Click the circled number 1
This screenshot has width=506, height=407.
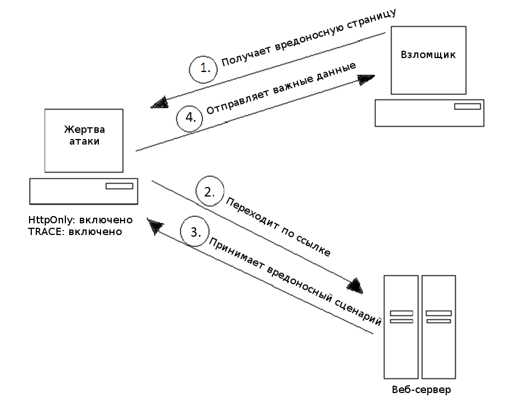tap(203, 69)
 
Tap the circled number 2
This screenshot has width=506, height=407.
tap(210, 191)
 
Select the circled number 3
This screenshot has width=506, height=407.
tap(194, 232)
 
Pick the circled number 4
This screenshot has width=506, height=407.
tap(189, 118)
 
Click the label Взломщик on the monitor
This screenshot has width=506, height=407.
tap(428, 55)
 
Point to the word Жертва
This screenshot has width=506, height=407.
tap(84, 130)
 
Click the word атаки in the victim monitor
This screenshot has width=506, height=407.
tap(84, 141)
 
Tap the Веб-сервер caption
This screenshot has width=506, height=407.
tap(421, 390)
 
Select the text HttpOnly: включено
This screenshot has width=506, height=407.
tap(80, 219)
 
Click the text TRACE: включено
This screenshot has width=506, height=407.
tap(75, 232)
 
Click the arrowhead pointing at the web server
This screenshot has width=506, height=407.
tap(356, 285)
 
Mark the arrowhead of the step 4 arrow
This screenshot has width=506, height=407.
tap(366, 79)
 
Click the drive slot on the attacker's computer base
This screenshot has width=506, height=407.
tap(467, 107)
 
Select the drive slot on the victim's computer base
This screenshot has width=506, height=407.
tap(120, 186)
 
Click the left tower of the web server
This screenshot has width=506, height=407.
tap(401, 327)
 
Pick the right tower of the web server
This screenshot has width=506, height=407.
tap(438, 327)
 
